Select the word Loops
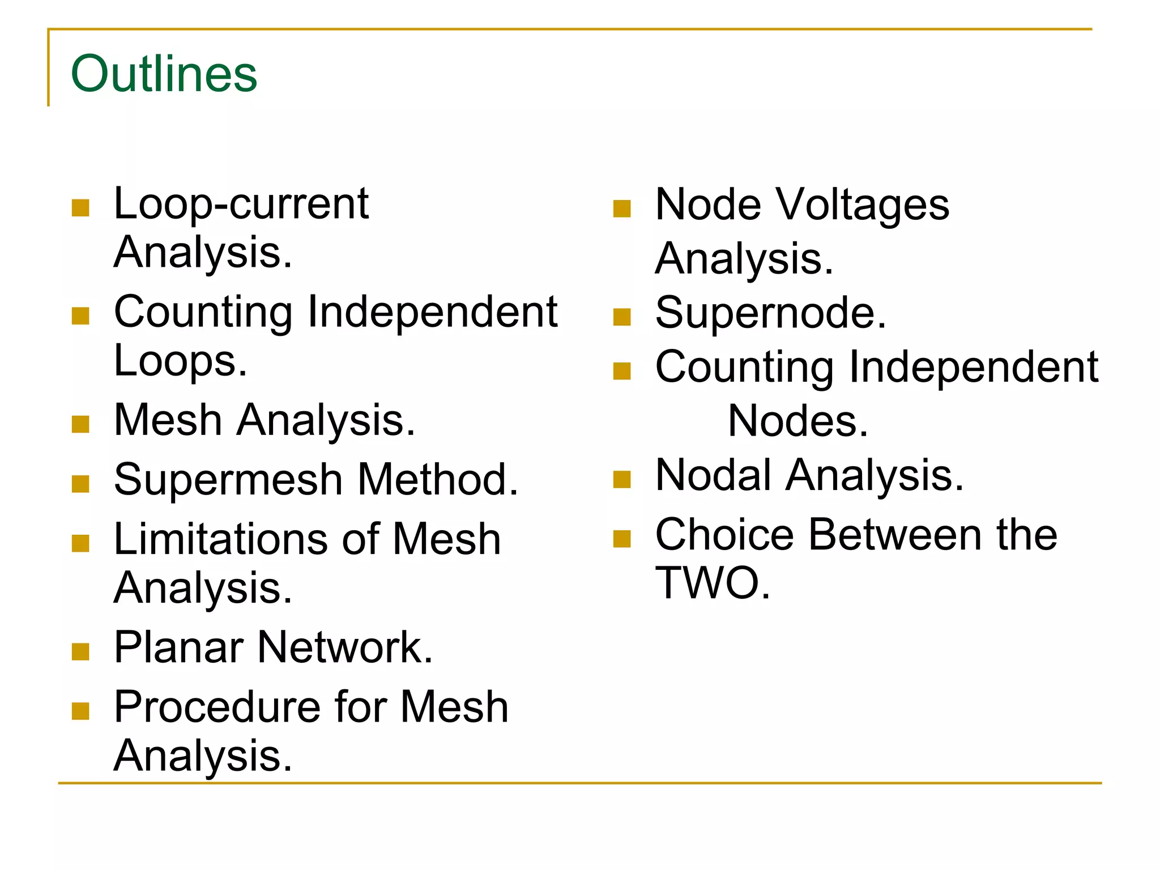[x=181, y=361]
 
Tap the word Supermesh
[x=228, y=480]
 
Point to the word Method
[x=438, y=480]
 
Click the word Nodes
[x=798, y=421]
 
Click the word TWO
[x=713, y=583]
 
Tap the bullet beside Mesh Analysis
[x=81, y=425]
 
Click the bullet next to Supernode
[x=622, y=317]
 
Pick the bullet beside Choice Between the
[x=622, y=539]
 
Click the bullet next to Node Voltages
[x=622, y=209]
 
